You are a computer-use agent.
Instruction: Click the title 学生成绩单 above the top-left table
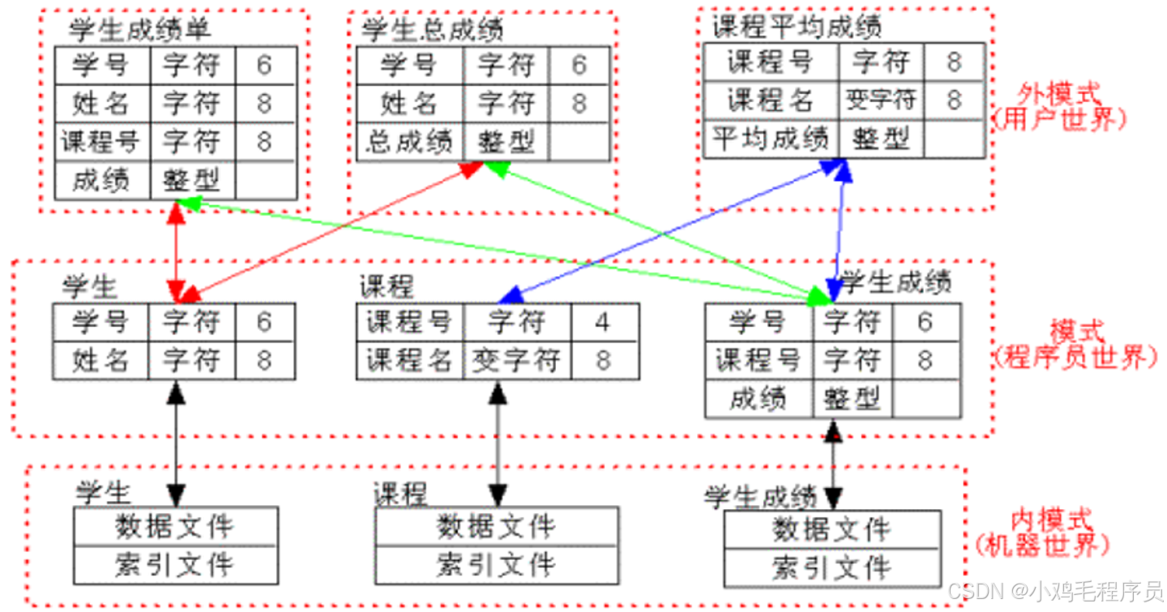click(x=139, y=30)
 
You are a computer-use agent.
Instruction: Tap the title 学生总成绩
click(x=432, y=30)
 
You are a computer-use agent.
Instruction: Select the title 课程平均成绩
click(x=797, y=27)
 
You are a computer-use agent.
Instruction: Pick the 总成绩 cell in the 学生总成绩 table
click(x=410, y=143)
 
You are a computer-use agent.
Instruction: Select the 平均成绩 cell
click(x=770, y=139)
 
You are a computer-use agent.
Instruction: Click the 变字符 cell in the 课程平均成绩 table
click(x=881, y=101)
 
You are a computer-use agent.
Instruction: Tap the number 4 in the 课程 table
click(x=601, y=323)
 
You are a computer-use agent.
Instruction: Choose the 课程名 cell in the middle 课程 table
click(x=409, y=360)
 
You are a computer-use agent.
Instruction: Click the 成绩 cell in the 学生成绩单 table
click(x=101, y=180)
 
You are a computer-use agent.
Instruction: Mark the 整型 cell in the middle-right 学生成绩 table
click(x=852, y=399)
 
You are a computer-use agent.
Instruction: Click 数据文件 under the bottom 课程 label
click(x=496, y=527)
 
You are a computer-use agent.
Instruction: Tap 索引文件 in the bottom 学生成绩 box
click(x=831, y=567)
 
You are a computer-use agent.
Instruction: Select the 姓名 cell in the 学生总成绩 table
click(x=409, y=104)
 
